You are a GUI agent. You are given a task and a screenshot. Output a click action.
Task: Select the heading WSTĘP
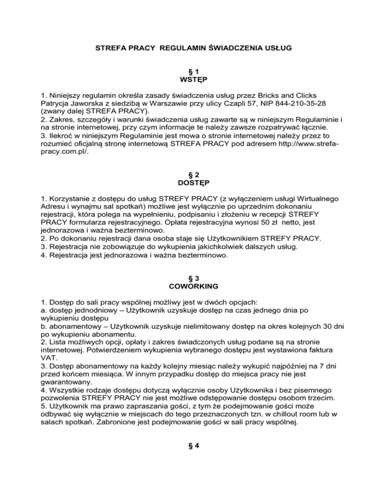pyautogui.click(x=191, y=80)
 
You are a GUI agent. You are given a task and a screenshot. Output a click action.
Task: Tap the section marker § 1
pyautogui.click(x=191, y=72)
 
